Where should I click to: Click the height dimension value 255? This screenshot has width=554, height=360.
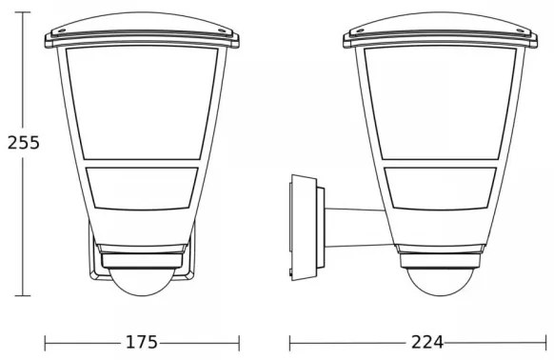23,144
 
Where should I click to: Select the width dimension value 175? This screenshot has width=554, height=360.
142,341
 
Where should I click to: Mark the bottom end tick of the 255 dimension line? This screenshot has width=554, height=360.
24,294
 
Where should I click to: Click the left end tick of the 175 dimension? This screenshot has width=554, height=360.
45,341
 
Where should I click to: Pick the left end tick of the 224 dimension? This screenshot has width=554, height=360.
290,341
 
